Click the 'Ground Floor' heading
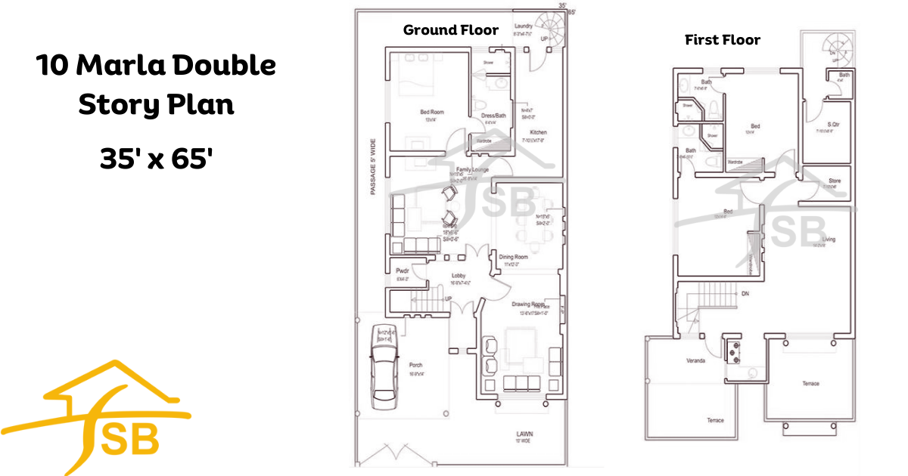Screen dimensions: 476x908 [x=450, y=30]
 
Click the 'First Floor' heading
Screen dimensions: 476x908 [x=722, y=39]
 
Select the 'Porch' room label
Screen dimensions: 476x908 [x=415, y=365]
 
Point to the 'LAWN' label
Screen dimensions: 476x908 [x=525, y=434]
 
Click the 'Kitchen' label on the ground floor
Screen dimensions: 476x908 [x=538, y=132]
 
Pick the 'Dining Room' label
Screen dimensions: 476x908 [x=513, y=258]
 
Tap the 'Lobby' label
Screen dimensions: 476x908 [x=458, y=276]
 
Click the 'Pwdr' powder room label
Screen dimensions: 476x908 [x=402, y=270]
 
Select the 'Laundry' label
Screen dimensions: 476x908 [x=523, y=26]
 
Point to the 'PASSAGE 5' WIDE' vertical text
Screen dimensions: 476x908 [x=372, y=167]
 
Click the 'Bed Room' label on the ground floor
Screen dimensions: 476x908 [x=432, y=113]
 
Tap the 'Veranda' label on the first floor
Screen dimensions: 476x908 [x=695, y=360]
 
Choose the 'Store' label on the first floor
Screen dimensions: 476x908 [x=835, y=181]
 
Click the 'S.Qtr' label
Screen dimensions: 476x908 [x=833, y=124]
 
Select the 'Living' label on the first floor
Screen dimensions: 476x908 [x=829, y=239]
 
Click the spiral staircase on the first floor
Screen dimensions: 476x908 [x=835, y=45]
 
